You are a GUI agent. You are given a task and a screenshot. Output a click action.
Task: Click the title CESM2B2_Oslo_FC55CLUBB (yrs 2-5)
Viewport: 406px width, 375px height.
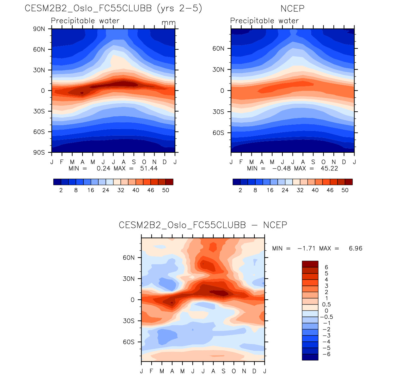coord(113,8)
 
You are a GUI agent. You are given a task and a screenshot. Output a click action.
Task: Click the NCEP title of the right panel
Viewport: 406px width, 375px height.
coord(292,9)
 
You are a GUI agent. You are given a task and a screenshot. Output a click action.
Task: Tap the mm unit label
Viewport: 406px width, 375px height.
coord(168,23)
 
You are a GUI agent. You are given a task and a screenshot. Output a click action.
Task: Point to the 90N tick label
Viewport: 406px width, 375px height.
coord(39,29)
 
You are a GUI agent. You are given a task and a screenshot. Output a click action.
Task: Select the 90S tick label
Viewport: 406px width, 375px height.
coord(39,152)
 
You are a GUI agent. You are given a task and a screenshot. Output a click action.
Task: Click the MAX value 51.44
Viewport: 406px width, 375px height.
coord(148,168)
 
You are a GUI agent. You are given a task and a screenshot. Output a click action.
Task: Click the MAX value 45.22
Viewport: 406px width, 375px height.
coord(329,168)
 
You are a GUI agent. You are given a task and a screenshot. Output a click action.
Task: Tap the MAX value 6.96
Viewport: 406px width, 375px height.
coord(355,249)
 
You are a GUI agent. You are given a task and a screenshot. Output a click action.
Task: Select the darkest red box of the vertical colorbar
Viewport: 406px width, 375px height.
coord(310,264)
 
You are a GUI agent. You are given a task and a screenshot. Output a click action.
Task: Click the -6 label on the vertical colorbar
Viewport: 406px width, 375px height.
coord(326,354)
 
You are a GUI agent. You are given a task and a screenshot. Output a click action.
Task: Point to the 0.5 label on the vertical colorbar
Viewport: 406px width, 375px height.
coord(326,304)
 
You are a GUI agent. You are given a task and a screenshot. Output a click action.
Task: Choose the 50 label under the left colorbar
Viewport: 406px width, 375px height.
coord(166,190)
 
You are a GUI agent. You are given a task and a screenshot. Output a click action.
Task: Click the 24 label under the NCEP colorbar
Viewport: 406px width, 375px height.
coord(285,190)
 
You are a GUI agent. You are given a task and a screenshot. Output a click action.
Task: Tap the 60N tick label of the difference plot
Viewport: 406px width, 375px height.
coord(129,258)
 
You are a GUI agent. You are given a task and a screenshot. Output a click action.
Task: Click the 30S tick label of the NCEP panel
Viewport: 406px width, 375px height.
coord(218,112)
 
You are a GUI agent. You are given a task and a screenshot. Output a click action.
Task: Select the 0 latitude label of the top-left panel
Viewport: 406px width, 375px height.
coord(43,91)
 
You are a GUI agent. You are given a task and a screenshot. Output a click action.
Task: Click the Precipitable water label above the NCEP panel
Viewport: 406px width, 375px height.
coord(264,21)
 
